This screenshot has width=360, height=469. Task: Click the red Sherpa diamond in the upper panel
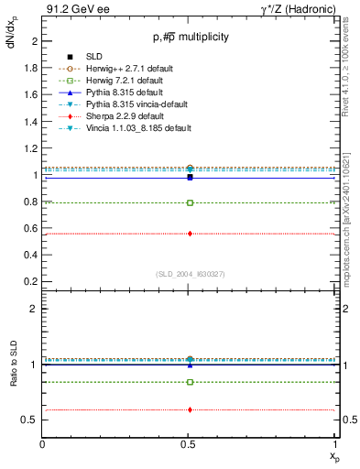190,234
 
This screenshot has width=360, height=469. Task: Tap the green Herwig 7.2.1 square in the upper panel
190,202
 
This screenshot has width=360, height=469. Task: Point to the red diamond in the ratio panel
190,409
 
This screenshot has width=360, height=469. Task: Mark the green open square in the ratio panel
190,382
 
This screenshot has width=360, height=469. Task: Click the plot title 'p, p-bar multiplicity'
190,38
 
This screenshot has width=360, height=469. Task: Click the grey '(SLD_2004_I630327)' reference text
190,273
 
